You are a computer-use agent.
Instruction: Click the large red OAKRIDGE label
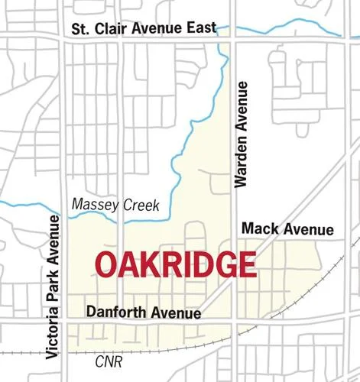tap(175, 264)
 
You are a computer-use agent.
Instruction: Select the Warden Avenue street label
tap(242, 137)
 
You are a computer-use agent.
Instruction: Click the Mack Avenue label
tap(287, 229)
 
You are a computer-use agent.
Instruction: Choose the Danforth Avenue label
tap(144, 312)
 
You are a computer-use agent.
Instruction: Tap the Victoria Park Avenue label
tap(52, 286)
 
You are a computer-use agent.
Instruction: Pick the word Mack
tap(258, 229)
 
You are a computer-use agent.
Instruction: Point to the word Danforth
tap(117, 312)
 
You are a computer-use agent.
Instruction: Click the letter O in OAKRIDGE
tap(108, 264)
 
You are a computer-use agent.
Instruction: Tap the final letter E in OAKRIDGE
tap(246, 264)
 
